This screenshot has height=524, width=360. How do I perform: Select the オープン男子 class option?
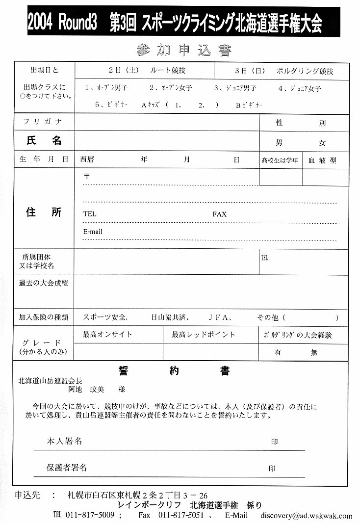click(x=106, y=88)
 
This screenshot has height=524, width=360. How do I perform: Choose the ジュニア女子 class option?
click(x=299, y=88)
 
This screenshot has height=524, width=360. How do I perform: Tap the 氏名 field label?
click(x=44, y=141)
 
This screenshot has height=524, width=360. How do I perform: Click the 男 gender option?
click(x=279, y=143)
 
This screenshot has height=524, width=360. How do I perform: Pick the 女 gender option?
click(x=322, y=143)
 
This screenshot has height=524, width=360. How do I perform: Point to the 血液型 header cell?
click(x=322, y=160)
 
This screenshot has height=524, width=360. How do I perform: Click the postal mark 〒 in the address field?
click(x=87, y=176)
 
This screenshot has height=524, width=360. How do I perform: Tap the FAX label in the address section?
click(x=219, y=214)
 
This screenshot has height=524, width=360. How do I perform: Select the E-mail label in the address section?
click(x=93, y=232)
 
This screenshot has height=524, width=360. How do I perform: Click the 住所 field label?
click(x=44, y=212)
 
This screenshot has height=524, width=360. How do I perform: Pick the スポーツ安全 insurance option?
click(x=105, y=317)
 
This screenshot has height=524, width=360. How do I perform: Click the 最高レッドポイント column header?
click(x=203, y=335)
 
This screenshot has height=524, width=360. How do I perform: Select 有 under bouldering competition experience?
click(x=278, y=352)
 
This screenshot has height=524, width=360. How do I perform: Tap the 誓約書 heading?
click(x=174, y=371)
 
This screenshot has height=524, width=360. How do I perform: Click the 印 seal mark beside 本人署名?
click(x=274, y=442)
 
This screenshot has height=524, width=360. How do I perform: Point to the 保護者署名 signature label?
click(x=67, y=468)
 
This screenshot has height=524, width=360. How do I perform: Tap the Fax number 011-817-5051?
click(x=181, y=516)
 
